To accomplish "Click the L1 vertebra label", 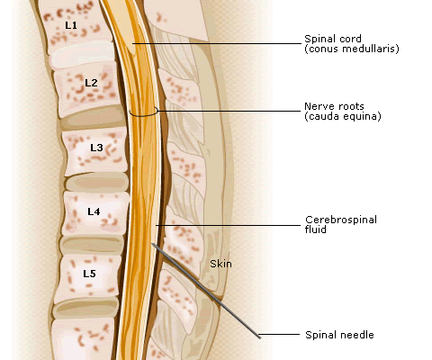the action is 71,25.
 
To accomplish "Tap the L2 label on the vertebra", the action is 91,83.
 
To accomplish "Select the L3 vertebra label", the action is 96,148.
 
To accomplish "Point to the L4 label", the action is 94,211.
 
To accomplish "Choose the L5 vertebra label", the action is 89,274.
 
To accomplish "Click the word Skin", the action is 220,264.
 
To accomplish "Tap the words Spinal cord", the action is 333,39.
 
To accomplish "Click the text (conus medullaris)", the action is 352,49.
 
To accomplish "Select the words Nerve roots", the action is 334,106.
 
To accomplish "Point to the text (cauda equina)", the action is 343,116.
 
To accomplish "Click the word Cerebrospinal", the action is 341,220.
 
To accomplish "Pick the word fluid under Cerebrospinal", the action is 316,229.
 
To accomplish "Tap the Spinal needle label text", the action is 339,335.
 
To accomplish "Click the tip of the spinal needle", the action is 152,244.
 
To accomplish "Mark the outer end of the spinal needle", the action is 260,337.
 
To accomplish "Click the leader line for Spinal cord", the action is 217,43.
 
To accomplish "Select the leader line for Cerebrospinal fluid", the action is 228,225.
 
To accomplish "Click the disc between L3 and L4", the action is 96,183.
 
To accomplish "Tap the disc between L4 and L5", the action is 92,244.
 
